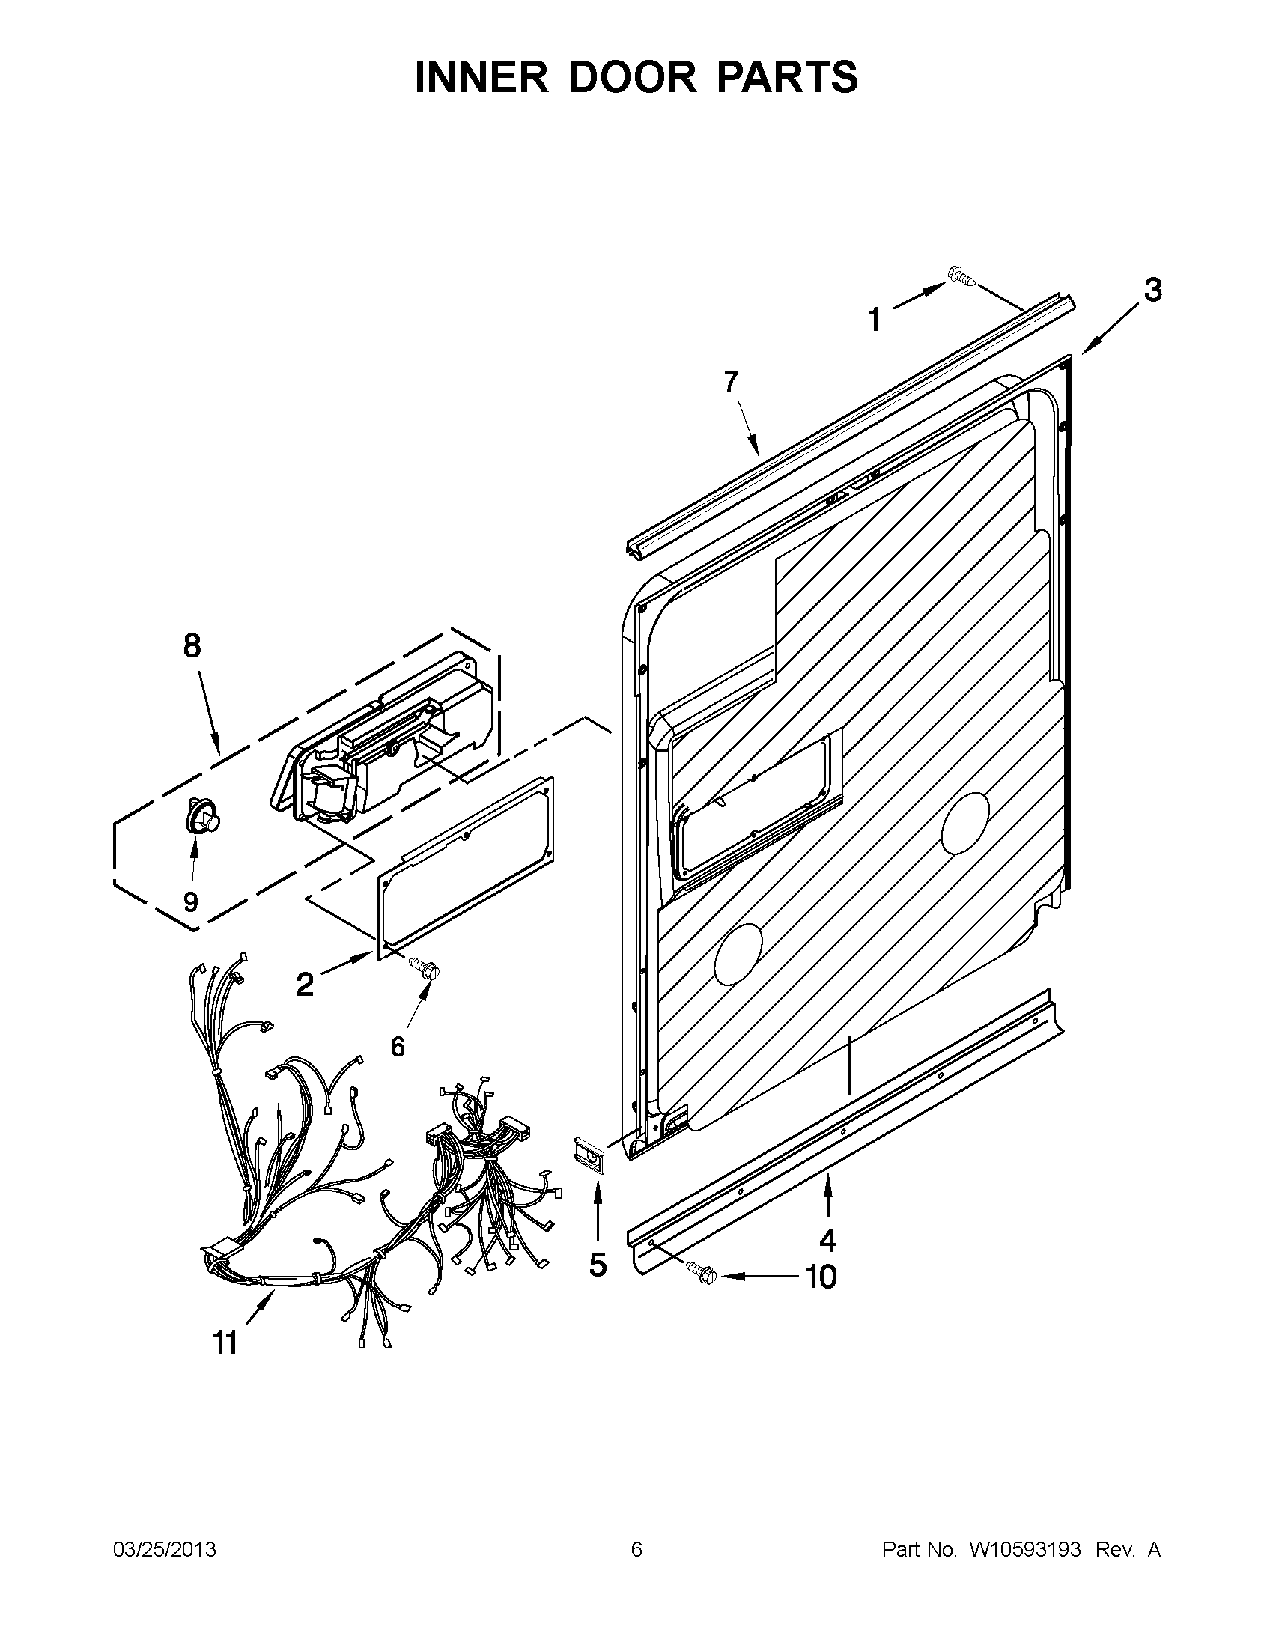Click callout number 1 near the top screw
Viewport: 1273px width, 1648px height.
(x=874, y=320)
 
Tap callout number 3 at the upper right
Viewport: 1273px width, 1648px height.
(x=1152, y=290)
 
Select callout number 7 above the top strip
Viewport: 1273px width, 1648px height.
(x=729, y=383)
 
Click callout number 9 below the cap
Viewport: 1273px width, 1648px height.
(x=190, y=901)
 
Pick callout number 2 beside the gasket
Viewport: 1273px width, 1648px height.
(x=304, y=984)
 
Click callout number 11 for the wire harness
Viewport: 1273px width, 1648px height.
(x=225, y=1343)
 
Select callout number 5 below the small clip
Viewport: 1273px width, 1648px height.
(x=598, y=1265)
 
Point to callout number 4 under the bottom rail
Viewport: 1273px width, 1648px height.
(x=827, y=1239)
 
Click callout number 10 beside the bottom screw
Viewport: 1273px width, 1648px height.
(x=821, y=1277)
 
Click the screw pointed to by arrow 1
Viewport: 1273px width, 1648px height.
(x=961, y=279)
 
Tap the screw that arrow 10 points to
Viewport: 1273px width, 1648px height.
(x=702, y=1274)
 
